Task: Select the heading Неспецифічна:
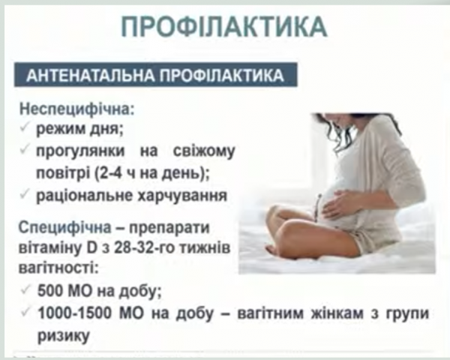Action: click(77, 109)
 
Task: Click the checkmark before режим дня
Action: click(25, 128)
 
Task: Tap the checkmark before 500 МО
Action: click(25, 289)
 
